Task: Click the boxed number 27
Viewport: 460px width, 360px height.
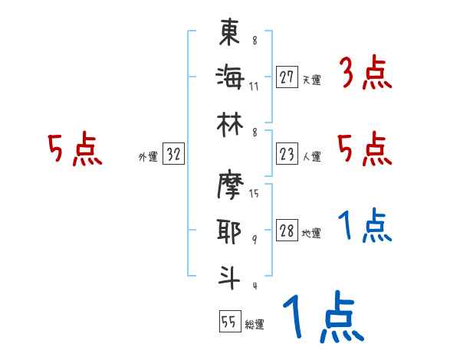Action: pyautogui.click(x=287, y=77)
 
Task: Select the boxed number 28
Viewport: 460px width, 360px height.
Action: pyautogui.click(x=287, y=231)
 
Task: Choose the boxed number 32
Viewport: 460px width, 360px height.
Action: pyautogui.click(x=174, y=155)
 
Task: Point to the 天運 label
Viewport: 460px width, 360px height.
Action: pyautogui.click(x=311, y=80)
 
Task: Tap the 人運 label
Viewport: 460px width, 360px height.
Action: pyautogui.click(x=311, y=156)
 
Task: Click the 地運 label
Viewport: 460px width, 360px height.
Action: pyautogui.click(x=311, y=234)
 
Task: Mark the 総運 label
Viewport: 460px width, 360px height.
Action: pyautogui.click(x=255, y=324)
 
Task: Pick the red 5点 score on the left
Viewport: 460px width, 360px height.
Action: pyautogui.click(x=75, y=149)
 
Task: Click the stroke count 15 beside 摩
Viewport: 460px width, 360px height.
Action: pyautogui.click(x=254, y=193)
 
